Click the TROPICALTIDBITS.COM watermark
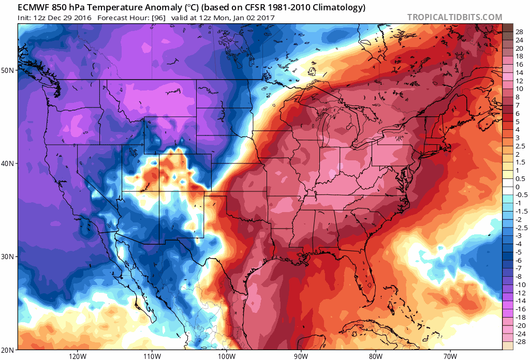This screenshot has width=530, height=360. tap(454, 17)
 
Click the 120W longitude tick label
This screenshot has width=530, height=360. tap(77, 356)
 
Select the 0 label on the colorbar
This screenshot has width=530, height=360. tap(518, 187)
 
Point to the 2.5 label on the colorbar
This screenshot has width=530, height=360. tap(520, 146)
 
